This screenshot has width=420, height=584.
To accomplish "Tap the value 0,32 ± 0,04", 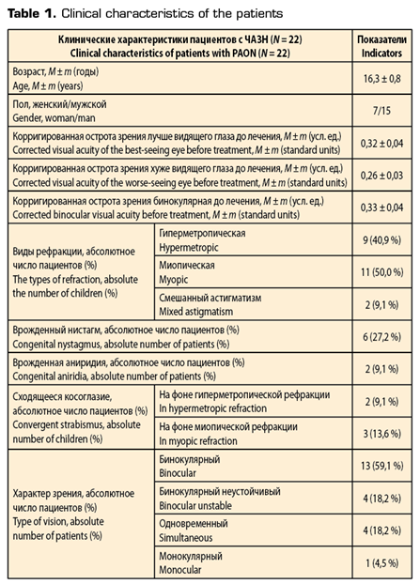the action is coord(382,140).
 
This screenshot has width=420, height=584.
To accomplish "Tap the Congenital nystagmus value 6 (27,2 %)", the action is coord(382,338).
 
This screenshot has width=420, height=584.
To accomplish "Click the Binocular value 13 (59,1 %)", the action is coord(382,467).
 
